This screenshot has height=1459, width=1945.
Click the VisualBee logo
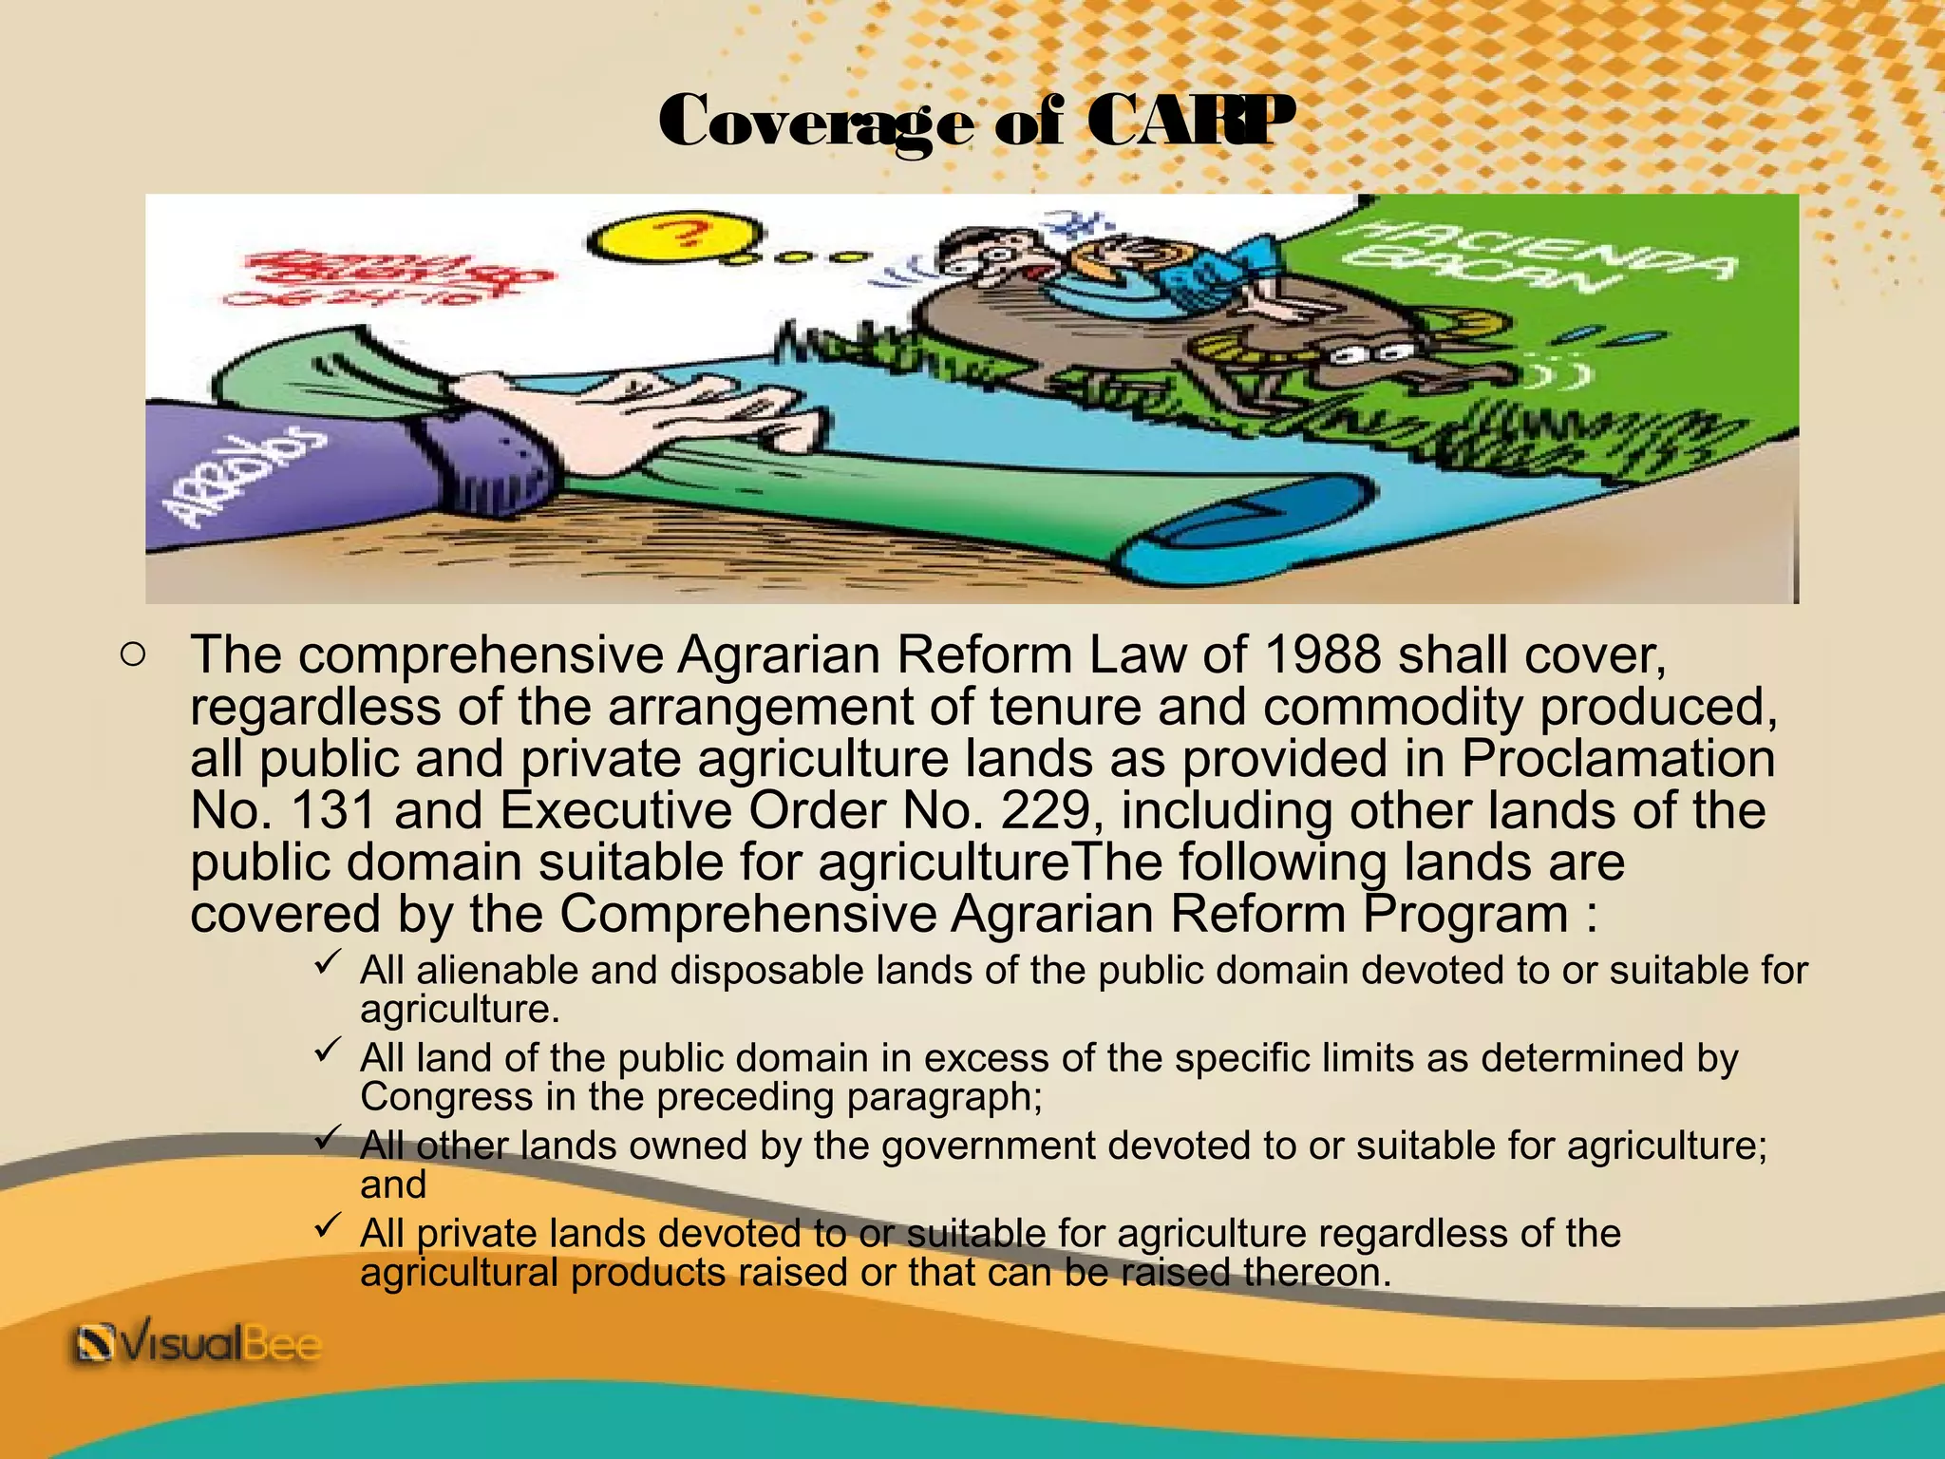click(198, 1346)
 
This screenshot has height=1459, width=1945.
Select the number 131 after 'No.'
click(330, 810)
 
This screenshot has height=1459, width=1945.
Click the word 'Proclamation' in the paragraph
click(1617, 758)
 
